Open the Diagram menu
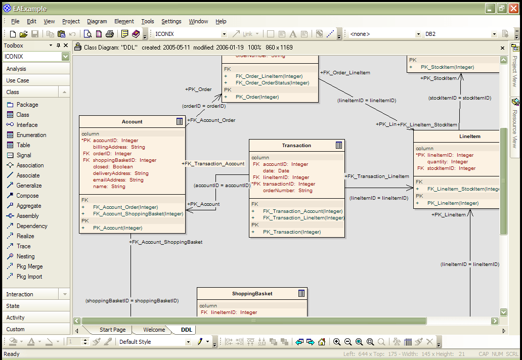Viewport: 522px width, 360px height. (x=97, y=21)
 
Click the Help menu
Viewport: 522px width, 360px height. (x=221, y=21)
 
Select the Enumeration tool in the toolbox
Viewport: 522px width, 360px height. (x=31, y=135)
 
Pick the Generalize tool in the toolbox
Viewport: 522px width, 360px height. (x=29, y=186)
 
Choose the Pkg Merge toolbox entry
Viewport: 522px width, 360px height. (x=29, y=266)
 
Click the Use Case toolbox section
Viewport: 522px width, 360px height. (x=18, y=80)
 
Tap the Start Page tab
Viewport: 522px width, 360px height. (x=112, y=330)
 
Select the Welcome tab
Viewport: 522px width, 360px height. (x=154, y=330)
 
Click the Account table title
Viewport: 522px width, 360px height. (x=132, y=122)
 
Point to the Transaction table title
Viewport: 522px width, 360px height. (x=296, y=146)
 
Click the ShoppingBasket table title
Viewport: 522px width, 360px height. (x=252, y=293)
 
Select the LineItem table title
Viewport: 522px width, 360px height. (x=469, y=137)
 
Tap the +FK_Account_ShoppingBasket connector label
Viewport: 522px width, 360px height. (x=166, y=242)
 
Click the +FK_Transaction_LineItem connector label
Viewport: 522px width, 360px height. (x=377, y=176)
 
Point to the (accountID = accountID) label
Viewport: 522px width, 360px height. (x=222, y=186)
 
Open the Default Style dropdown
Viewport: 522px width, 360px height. (x=154, y=342)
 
